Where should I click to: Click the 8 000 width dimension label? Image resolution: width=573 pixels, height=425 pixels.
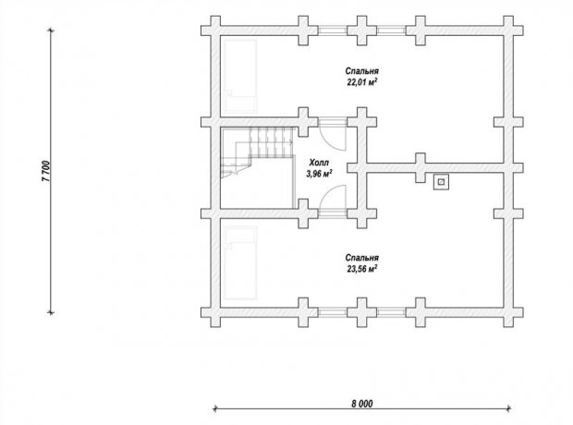pyautogui.click(x=362, y=404)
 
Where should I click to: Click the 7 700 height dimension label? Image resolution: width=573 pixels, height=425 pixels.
pyautogui.click(x=47, y=171)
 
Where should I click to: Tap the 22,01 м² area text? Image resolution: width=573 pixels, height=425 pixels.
pyautogui.click(x=361, y=82)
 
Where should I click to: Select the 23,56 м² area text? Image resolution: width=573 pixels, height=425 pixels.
pyautogui.click(x=361, y=269)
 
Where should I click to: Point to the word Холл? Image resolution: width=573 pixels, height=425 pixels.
pyautogui.click(x=319, y=163)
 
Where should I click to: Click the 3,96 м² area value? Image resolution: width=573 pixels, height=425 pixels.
pyautogui.click(x=319, y=173)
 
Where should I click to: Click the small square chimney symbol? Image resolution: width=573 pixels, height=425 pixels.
pyautogui.click(x=442, y=182)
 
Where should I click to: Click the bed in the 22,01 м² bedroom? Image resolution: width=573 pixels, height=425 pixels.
pyautogui.click(x=240, y=76)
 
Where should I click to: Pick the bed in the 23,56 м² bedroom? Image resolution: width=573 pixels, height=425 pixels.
pyautogui.click(x=240, y=263)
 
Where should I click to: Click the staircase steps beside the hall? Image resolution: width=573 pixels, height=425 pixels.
pyautogui.click(x=272, y=142)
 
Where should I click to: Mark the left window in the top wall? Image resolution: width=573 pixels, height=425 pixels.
pyautogui.click(x=332, y=30)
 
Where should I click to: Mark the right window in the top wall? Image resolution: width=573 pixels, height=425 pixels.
pyautogui.click(x=391, y=30)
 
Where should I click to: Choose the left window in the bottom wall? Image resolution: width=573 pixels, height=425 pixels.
pyautogui.click(x=332, y=312)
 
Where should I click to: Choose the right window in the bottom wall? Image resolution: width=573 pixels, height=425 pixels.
pyautogui.click(x=391, y=312)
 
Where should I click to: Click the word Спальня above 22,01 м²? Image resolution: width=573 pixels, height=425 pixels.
pyautogui.click(x=361, y=71)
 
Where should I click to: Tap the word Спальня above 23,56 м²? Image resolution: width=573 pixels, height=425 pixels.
pyautogui.click(x=361, y=259)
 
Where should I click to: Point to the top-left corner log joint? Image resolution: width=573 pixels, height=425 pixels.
pyautogui.click(x=215, y=30)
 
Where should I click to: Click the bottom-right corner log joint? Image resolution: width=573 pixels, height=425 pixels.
pyautogui.click(x=508, y=312)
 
